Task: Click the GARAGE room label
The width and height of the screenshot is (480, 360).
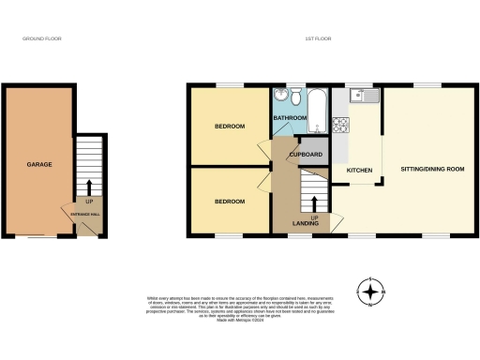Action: coord(38,164)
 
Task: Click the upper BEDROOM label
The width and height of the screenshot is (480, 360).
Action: coord(229,126)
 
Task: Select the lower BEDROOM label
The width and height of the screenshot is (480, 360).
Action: coord(229,201)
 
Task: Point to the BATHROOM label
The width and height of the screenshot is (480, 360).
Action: coord(291,118)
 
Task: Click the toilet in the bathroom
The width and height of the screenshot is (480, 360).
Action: coord(296,96)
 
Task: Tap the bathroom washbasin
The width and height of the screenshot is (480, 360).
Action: coord(280,97)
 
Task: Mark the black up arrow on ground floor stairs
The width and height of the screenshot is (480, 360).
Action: coord(88,185)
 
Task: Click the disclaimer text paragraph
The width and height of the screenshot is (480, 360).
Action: coord(240,308)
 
